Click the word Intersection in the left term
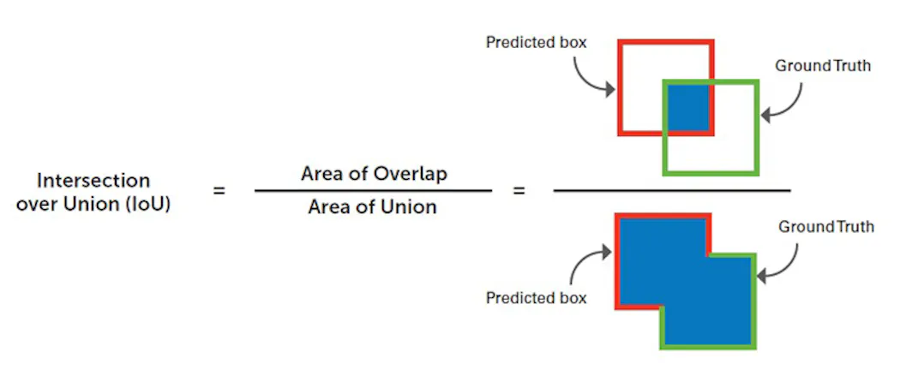(x=93, y=181)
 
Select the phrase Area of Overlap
(x=374, y=174)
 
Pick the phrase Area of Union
(x=373, y=206)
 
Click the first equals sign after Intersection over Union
(x=219, y=191)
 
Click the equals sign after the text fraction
(x=519, y=190)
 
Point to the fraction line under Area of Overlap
(x=374, y=190)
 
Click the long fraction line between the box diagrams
(x=672, y=190)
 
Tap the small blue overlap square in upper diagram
(x=687, y=107)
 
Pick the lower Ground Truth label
(x=826, y=227)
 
